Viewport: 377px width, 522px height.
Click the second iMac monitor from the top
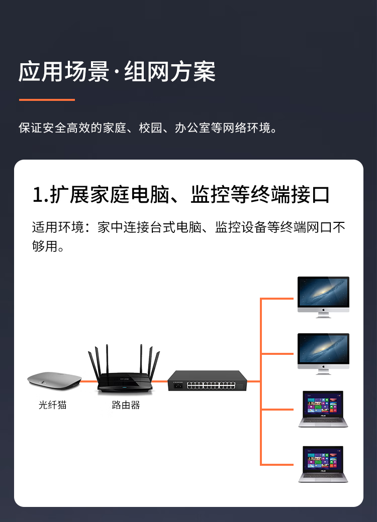pos(323,353)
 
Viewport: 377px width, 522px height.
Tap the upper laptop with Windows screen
pos(323,409)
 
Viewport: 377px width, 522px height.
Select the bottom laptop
pos(323,464)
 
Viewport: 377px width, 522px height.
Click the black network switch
pos(207,380)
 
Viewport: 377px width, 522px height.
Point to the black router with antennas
pos(124,369)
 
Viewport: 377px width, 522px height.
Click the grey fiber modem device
pos(54,381)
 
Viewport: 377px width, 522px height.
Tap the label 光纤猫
pos(53,405)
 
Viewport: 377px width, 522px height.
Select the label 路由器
pos(126,405)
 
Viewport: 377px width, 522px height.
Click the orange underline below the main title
pos(47,99)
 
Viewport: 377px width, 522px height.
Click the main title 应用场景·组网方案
pos(117,72)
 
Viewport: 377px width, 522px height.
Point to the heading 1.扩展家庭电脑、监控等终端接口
pos(181,195)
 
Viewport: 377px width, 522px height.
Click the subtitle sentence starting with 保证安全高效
pos(148,128)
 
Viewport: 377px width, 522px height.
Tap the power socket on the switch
pos(177,385)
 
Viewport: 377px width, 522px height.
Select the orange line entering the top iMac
pos(277,299)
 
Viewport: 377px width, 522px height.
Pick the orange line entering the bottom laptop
pos(277,464)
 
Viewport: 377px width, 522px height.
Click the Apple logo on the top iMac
pos(323,310)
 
